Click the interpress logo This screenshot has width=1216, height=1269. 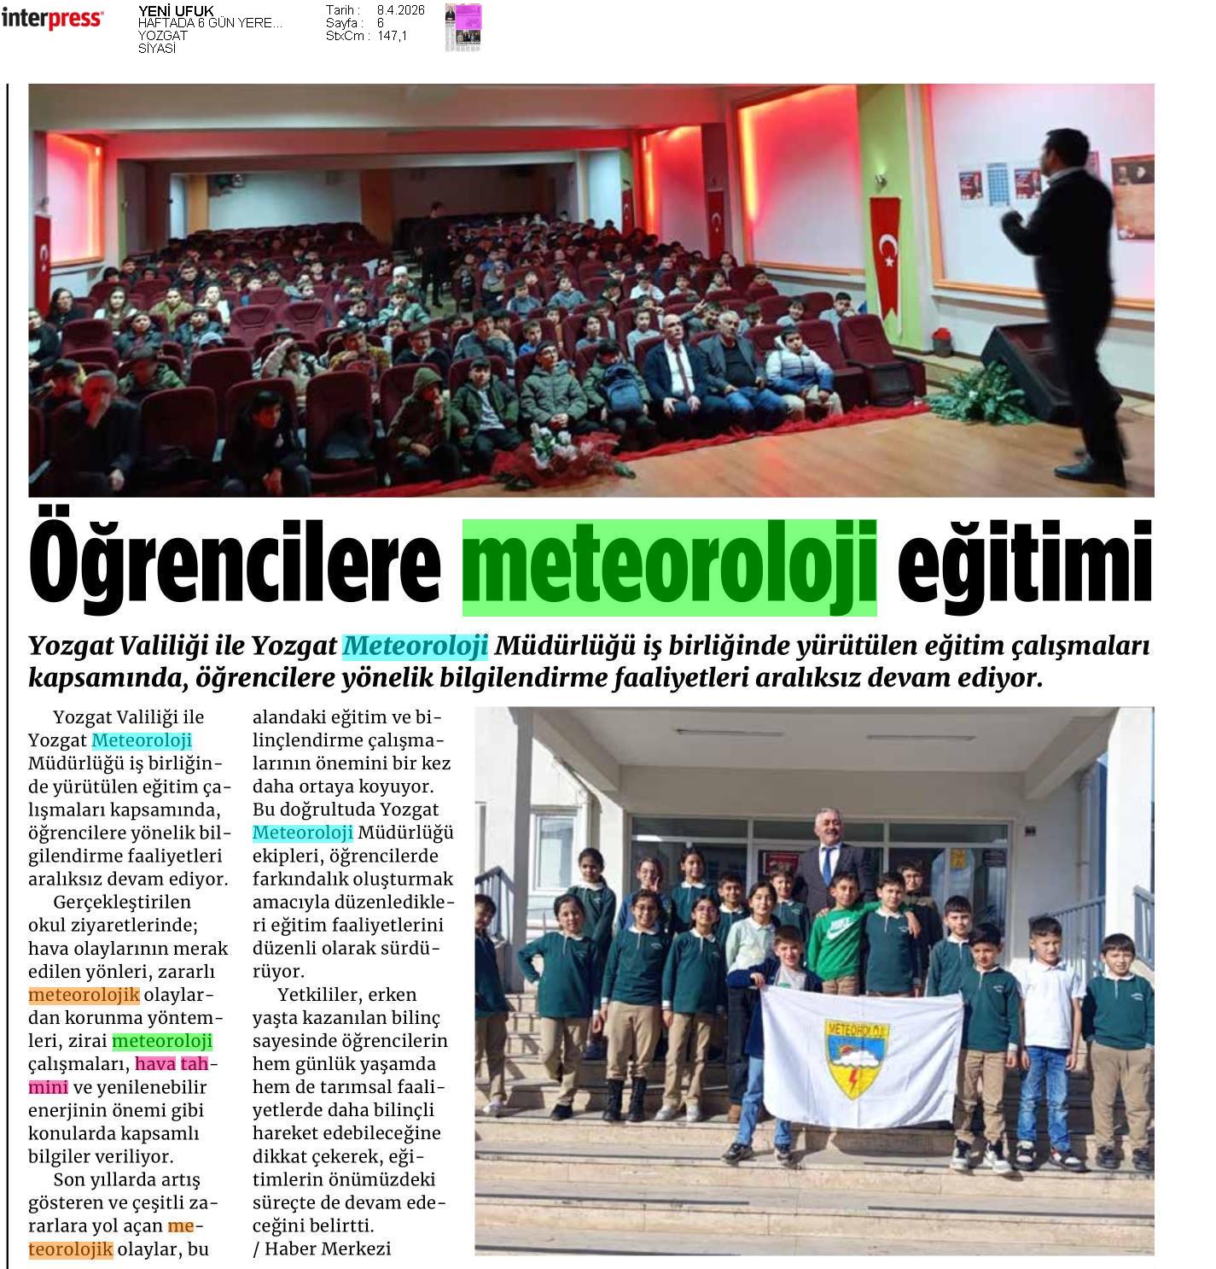point(52,19)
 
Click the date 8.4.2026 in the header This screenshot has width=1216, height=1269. point(400,10)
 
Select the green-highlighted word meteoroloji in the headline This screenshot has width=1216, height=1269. point(670,566)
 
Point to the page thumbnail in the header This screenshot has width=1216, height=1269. point(463,27)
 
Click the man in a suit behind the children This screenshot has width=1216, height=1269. point(825,863)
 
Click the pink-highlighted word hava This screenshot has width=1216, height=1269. point(155,1064)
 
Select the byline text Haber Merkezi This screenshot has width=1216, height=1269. point(328,1249)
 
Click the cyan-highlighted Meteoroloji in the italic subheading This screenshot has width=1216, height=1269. point(415,646)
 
